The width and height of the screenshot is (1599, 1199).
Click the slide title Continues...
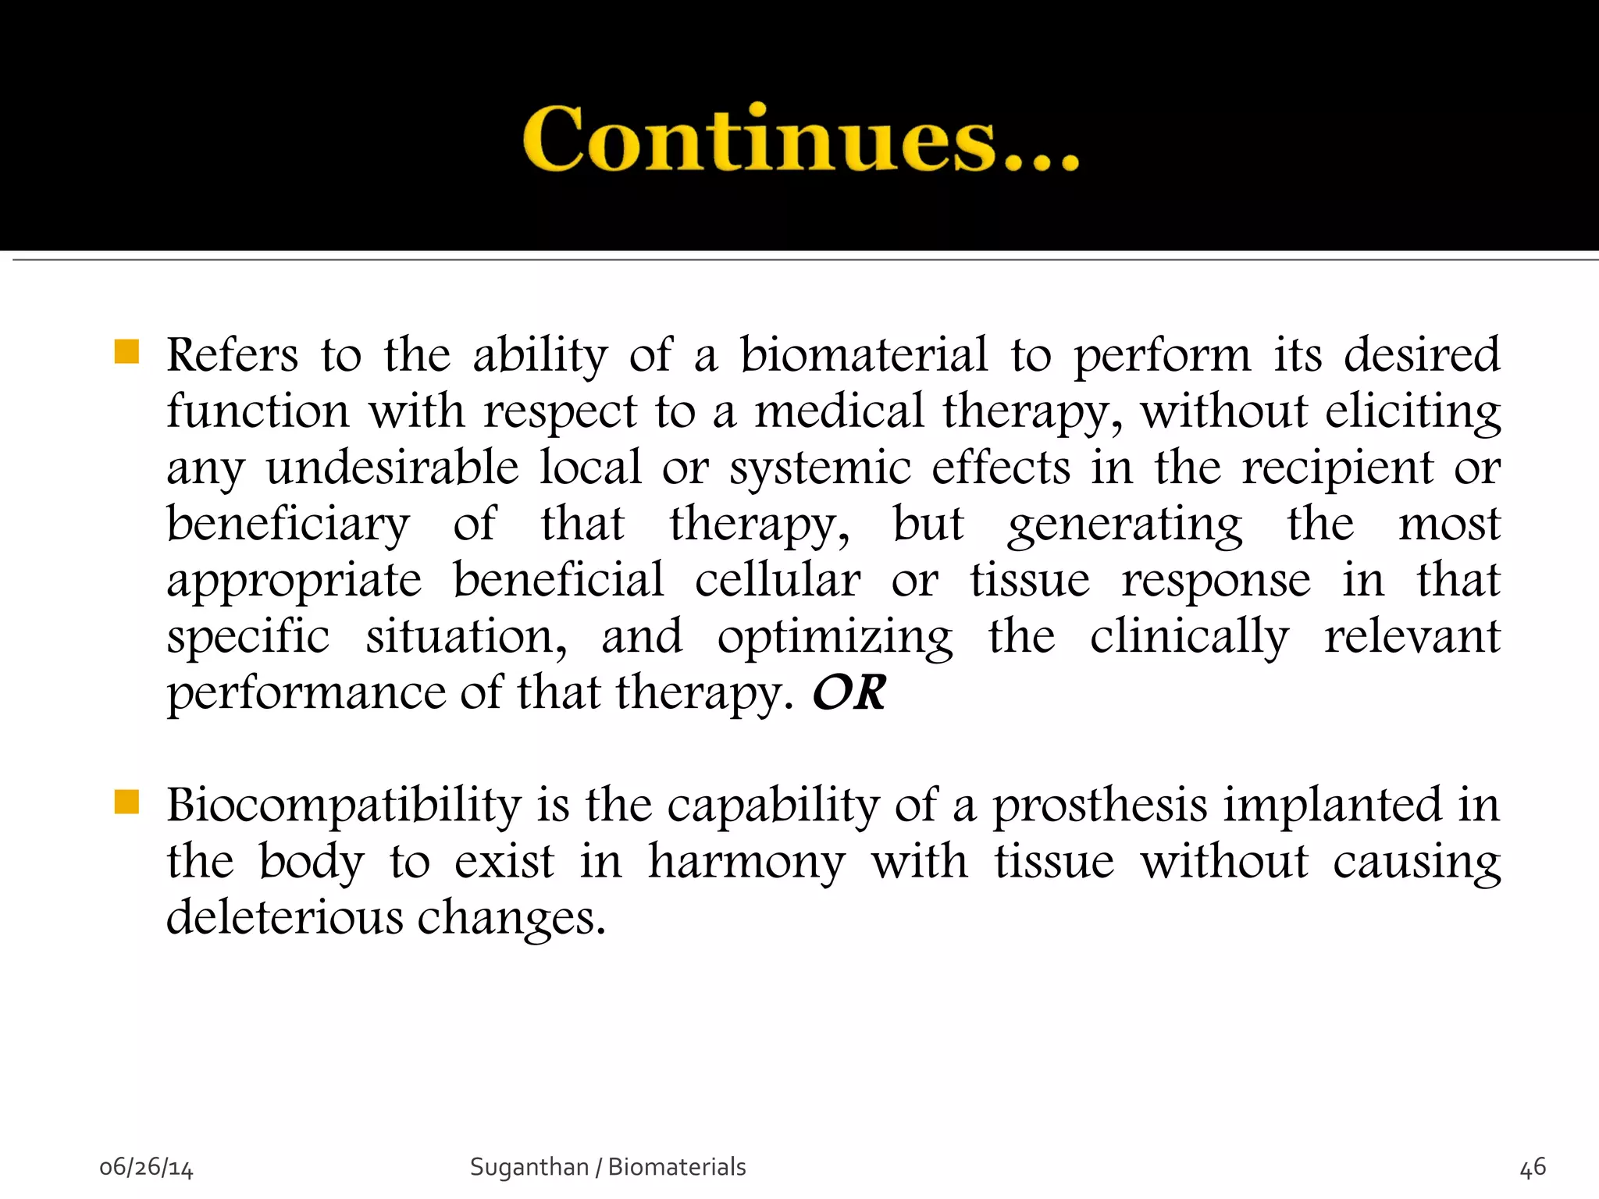tap(800, 139)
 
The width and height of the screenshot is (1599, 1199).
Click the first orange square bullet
tap(126, 352)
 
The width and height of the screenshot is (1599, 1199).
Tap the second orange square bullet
tap(126, 802)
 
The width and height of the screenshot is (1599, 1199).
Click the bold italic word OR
tap(849, 692)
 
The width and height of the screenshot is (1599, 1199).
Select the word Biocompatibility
tap(344, 806)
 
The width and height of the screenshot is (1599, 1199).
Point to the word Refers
tap(232, 355)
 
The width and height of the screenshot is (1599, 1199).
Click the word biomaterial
tap(864, 355)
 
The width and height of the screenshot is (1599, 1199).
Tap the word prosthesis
tap(1099, 806)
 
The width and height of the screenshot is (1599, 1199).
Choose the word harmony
tap(746, 862)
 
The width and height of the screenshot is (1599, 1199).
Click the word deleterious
tap(284, 917)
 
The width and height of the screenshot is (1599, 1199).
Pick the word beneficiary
tap(287, 525)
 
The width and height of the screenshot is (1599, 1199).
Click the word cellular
tap(778, 581)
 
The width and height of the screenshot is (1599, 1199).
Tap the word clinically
tap(1189, 637)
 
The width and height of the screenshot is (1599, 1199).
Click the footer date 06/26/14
tap(146, 1168)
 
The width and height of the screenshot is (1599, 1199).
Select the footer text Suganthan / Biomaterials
tap(607, 1167)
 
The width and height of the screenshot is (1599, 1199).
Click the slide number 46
tap(1533, 1168)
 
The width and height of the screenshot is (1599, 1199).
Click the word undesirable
tap(392, 468)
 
